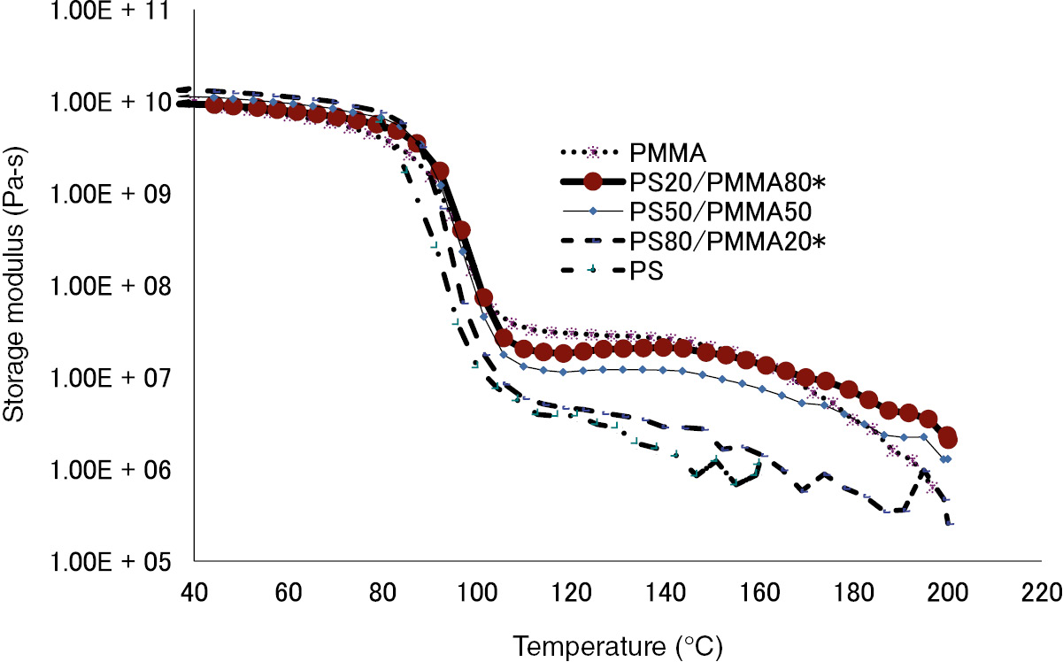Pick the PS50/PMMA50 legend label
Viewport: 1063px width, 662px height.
coord(715,212)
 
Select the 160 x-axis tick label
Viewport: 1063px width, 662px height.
coord(759,589)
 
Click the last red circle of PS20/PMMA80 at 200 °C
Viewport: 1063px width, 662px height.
coord(948,438)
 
